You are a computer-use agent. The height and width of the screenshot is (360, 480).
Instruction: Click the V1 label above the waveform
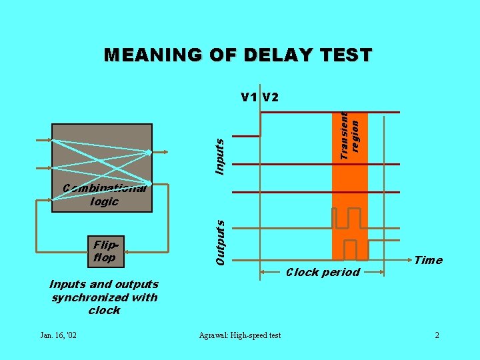(249, 97)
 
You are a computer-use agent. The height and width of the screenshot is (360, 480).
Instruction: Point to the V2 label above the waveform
(271, 97)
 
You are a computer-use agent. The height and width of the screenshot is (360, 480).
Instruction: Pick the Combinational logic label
(104, 194)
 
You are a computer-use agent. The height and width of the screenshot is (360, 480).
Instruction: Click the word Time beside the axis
(428, 260)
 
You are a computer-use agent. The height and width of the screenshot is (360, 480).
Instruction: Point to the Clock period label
(323, 272)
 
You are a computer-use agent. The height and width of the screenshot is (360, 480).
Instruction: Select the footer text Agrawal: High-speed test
(240, 335)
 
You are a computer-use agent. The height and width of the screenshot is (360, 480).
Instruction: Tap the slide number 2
(437, 335)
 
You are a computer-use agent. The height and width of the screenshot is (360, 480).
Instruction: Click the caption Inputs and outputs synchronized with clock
(104, 297)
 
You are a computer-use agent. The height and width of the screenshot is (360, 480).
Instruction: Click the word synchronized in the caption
(105, 297)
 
